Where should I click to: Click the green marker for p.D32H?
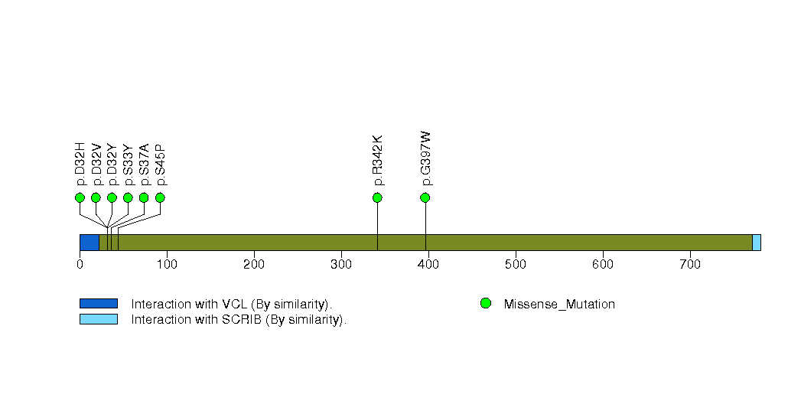80,197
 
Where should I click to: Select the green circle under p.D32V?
96,197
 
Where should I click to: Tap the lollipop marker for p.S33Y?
128,197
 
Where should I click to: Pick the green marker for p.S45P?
160,197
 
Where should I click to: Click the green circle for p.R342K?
377,197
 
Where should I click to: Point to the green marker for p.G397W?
425,197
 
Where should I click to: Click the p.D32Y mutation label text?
112,165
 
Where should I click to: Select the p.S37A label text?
144,165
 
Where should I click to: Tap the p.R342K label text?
377,161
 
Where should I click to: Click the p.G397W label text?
425,159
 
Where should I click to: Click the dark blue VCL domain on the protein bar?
90,243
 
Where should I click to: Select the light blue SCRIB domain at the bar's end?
757,243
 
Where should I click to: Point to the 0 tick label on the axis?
80,264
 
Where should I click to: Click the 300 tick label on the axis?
341,264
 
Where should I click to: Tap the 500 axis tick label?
516,264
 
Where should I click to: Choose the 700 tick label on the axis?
690,264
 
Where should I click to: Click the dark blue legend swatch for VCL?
99,304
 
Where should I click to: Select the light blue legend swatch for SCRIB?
99,319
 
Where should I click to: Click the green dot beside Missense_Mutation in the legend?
486,304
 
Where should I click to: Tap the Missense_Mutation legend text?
559,305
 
